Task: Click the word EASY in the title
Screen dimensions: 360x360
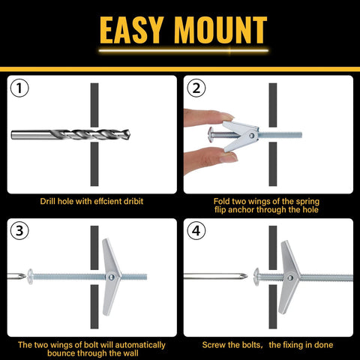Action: pyautogui.click(x=133, y=30)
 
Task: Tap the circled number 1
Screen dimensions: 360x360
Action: pyautogui.click(x=20, y=89)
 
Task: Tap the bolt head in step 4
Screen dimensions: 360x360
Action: pyautogui.click(x=257, y=277)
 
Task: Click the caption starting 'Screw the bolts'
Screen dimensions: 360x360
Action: pyautogui.click(x=268, y=345)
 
